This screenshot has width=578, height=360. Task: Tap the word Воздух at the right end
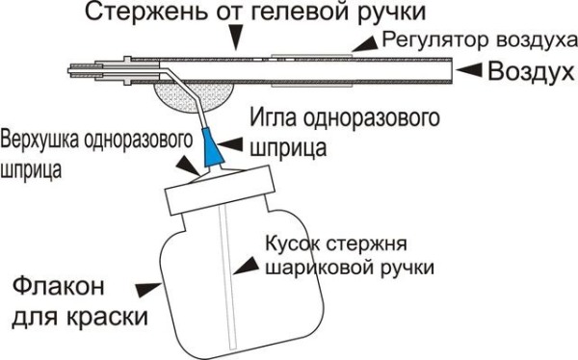tap(529, 71)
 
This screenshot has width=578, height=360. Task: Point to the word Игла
tap(273, 120)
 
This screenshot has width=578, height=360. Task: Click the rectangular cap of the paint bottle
tap(220, 196)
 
